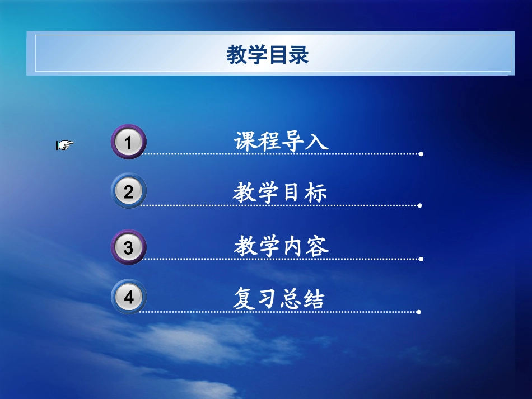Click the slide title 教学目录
pyautogui.click(x=268, y=55)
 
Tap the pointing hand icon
pyautogui.click(x=64, y=145)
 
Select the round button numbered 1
pyautogui.click(x=128, y=143)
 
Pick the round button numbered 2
pyautogui.click(x=128, y=192)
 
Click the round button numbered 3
pyautogui.click(x=128, y=247)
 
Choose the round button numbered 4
pyautogui.click(x=128, y=297)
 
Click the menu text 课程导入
pyautogui.click(x=281, y=141)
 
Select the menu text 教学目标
pyautogui.click(x=280, y=193)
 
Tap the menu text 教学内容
pyautogui.click(x=281, y=246)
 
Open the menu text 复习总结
pyautogui.click(x=279, y=299)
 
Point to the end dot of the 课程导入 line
pyautogui.click(x=421, y=154)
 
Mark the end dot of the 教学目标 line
pyautogui.click(x=420, y=205)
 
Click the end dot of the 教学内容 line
pyautogui.click(x=421, y=259)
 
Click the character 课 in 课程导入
pyautogui.click(x=245, y=141)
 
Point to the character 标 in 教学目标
pyautogui.click(x=316, y=193)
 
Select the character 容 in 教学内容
pyautogui.click(x=318, y=246)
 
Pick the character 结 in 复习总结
pyautogui.click(x=314, y=299)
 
